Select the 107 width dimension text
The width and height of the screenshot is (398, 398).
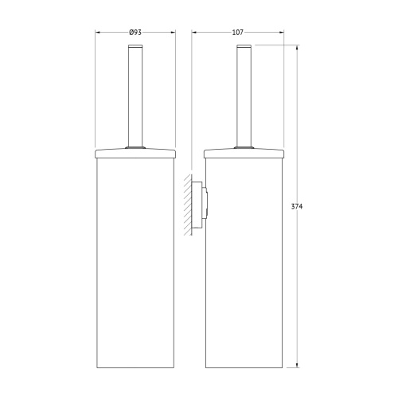point(237,31)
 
